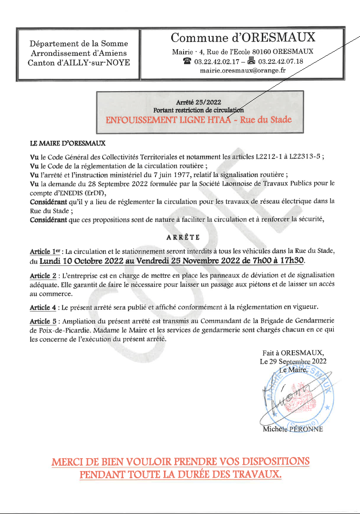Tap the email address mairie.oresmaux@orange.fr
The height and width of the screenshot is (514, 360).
click(242, 70)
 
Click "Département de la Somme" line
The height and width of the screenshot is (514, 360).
click(79, 44)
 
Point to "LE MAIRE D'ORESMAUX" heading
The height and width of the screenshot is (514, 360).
click(68, 143)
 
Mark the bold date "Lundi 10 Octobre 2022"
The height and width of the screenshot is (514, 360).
click(81, 262)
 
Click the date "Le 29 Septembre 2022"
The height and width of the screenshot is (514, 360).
click(293, 361)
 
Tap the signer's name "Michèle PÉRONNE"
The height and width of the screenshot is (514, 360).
click(293, 429)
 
